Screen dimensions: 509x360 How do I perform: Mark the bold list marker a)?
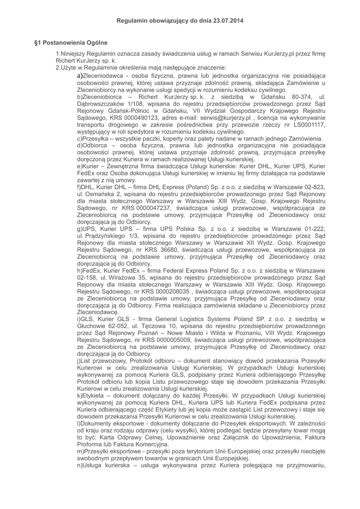coord(80,76)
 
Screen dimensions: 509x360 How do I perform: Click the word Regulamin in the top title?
coord(132,21)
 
